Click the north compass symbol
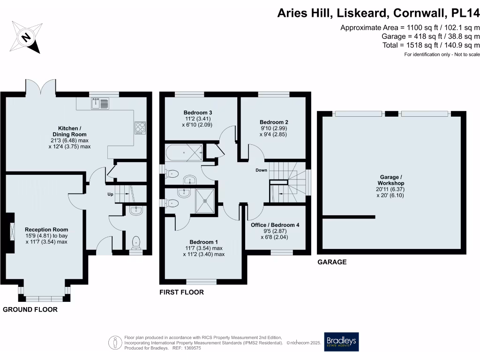tap(27, 37)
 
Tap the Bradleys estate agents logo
tap(342, 342)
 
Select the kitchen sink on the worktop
tap(100, 103)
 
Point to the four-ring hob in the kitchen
tap(140, 127)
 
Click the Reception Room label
tap(46, 236)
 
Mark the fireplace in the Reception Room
tap(12, 232)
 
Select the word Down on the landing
tap(261, 170)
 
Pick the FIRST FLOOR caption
tap(182, 292)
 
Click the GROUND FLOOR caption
tap(30, 309)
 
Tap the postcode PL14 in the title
tap(465, 14)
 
